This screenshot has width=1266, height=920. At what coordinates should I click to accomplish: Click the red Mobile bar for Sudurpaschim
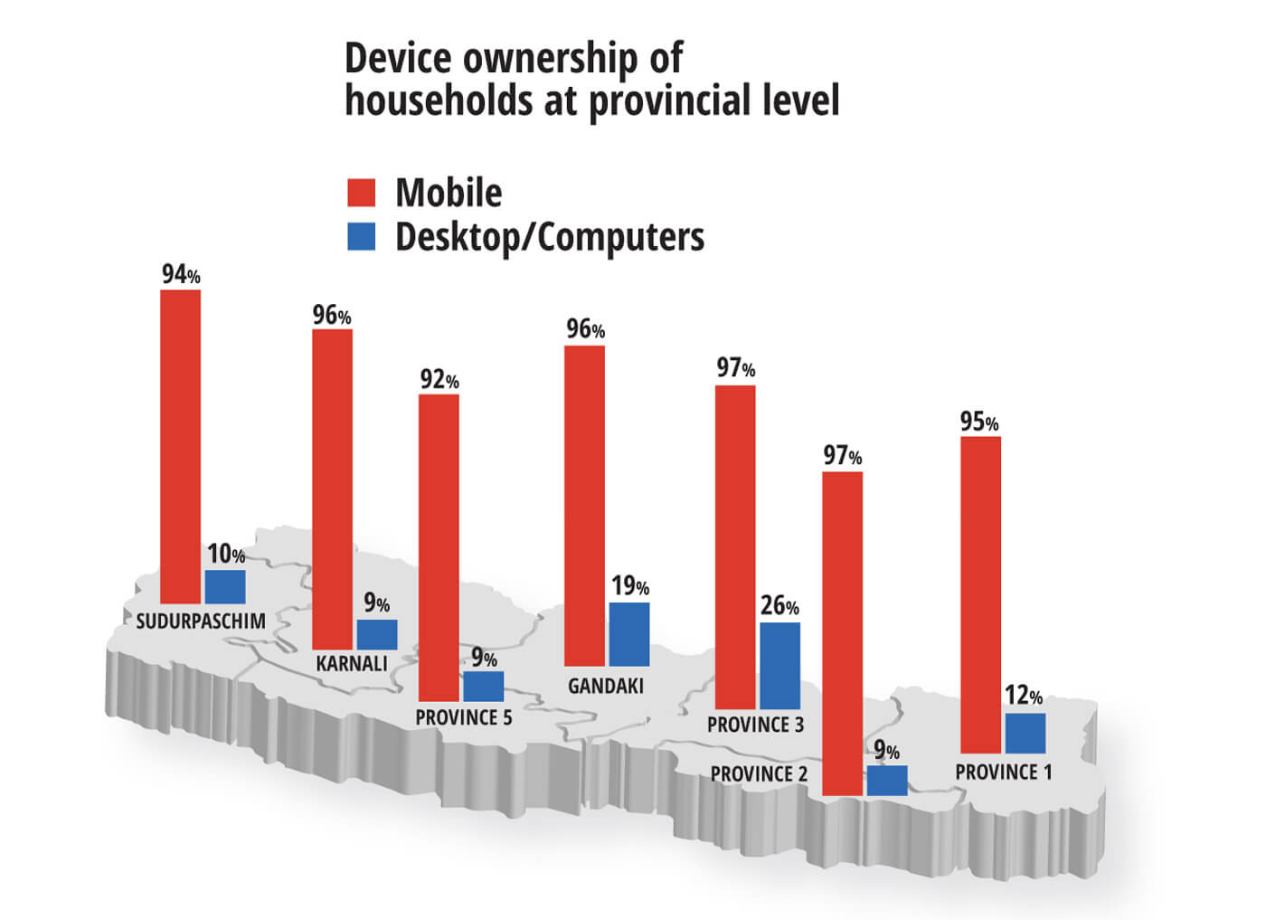tap(180, 446)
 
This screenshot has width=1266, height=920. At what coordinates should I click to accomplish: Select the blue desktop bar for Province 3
tap(779, 665)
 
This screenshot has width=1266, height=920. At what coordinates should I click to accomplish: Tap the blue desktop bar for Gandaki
tap(628, 634)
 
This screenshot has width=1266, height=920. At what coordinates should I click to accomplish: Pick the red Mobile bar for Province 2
tap(842, 633)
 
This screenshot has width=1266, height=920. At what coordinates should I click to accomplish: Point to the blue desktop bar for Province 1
tap(1025, 733)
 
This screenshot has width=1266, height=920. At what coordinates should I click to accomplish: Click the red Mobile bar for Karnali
tap(332, 488)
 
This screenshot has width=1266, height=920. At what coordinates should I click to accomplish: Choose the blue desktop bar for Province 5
tap(483, 686)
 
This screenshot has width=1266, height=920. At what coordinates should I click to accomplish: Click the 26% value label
tap(779, 605)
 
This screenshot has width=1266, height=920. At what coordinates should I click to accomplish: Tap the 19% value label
tap(629, 586)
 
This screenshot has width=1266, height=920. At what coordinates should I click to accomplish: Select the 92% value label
tap(439, 380)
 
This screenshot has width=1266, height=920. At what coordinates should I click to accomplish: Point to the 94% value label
tap(181, 274)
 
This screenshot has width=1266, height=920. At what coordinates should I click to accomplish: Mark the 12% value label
tap(1023, 696)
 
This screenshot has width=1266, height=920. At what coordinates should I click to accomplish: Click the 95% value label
tap(979, 422)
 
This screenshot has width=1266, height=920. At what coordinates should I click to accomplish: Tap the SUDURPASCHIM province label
tap(201, 621)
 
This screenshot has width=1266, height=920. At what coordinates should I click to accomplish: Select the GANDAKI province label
tap(606, 686)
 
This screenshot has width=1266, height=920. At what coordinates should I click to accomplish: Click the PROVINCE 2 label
tap(759, 774)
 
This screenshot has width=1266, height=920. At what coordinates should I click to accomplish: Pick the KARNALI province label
tap(352, 663)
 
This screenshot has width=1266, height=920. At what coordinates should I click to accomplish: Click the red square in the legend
tap(362, 193)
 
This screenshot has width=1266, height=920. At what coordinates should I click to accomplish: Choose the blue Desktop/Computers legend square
tap(362, 237)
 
